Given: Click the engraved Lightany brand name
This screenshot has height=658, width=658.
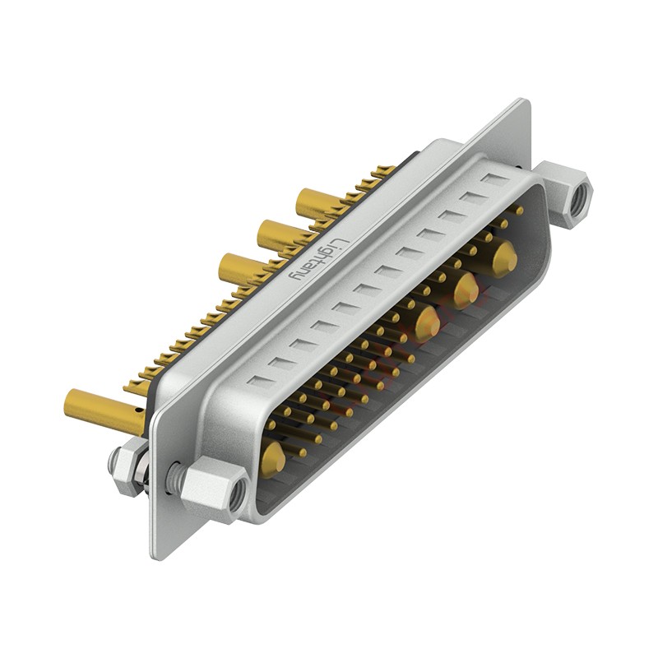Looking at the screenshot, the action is (x=319, y=260).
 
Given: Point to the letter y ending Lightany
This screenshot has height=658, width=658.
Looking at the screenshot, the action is (x=294, y=277).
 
